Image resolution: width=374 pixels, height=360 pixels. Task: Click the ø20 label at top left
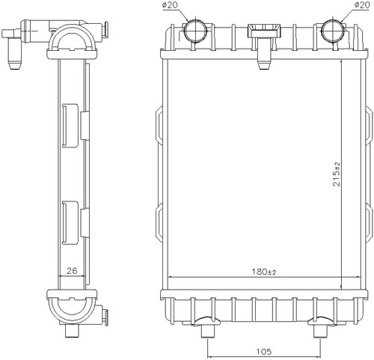click(170, 5)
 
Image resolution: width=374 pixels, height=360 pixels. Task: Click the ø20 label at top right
click(361, 5)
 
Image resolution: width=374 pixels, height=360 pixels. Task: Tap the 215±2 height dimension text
click(337, 174)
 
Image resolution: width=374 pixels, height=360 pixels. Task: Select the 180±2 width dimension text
click(264, 272)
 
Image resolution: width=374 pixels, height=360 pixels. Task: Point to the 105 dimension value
click(264, 352)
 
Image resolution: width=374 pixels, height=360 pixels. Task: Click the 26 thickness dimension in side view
click(72, 270)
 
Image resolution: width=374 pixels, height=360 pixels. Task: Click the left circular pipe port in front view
click(195, 31)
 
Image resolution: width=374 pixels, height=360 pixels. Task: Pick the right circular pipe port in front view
click(334, 31)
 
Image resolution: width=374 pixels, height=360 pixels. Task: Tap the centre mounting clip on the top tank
click(264, 46)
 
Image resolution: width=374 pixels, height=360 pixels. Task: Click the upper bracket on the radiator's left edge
click(159, 125)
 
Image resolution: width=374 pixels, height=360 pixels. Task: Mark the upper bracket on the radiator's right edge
click(368, 125)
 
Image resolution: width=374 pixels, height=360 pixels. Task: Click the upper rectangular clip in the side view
click(70, 126)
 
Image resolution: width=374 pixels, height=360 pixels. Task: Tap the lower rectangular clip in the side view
click(70, 223)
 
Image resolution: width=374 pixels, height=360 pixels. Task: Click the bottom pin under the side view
click(72, 331)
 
